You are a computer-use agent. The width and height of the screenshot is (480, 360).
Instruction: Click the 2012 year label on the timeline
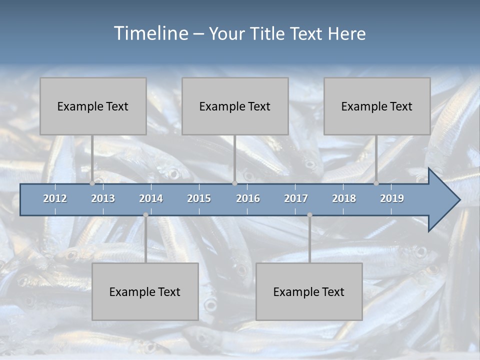[55, 198]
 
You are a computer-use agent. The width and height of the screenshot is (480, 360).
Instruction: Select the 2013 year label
[103, 198]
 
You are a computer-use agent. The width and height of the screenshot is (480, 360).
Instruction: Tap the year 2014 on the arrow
[151, 198]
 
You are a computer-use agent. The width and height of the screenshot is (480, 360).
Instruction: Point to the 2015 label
[199, 198]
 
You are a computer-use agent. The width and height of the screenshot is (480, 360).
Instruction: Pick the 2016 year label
[248, 198]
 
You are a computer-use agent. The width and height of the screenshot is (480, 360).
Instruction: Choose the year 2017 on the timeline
[296, 198]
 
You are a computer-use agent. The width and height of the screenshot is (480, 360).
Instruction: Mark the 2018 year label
[344, 198]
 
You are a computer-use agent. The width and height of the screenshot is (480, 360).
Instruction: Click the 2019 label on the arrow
[392, 198]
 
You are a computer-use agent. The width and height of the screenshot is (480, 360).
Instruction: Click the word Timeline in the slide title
[149, 33]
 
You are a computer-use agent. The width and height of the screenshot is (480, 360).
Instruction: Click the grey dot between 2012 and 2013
[92, 183]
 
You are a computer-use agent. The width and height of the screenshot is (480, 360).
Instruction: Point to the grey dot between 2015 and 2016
[234, 183]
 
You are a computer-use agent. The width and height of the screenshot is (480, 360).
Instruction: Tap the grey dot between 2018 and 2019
[376, 183]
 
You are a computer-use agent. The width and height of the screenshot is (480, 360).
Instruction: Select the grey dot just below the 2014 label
[145, 215]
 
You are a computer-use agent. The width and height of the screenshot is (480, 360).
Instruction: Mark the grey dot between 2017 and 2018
[309, 215]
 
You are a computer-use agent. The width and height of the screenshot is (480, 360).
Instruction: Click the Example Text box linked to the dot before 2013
[93, 106]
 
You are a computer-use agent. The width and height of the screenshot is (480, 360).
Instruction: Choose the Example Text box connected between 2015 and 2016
[235, 106]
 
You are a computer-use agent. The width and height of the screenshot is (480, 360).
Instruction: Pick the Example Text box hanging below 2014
[145, 292]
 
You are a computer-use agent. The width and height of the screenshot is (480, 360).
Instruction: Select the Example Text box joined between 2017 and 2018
[309, 292]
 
